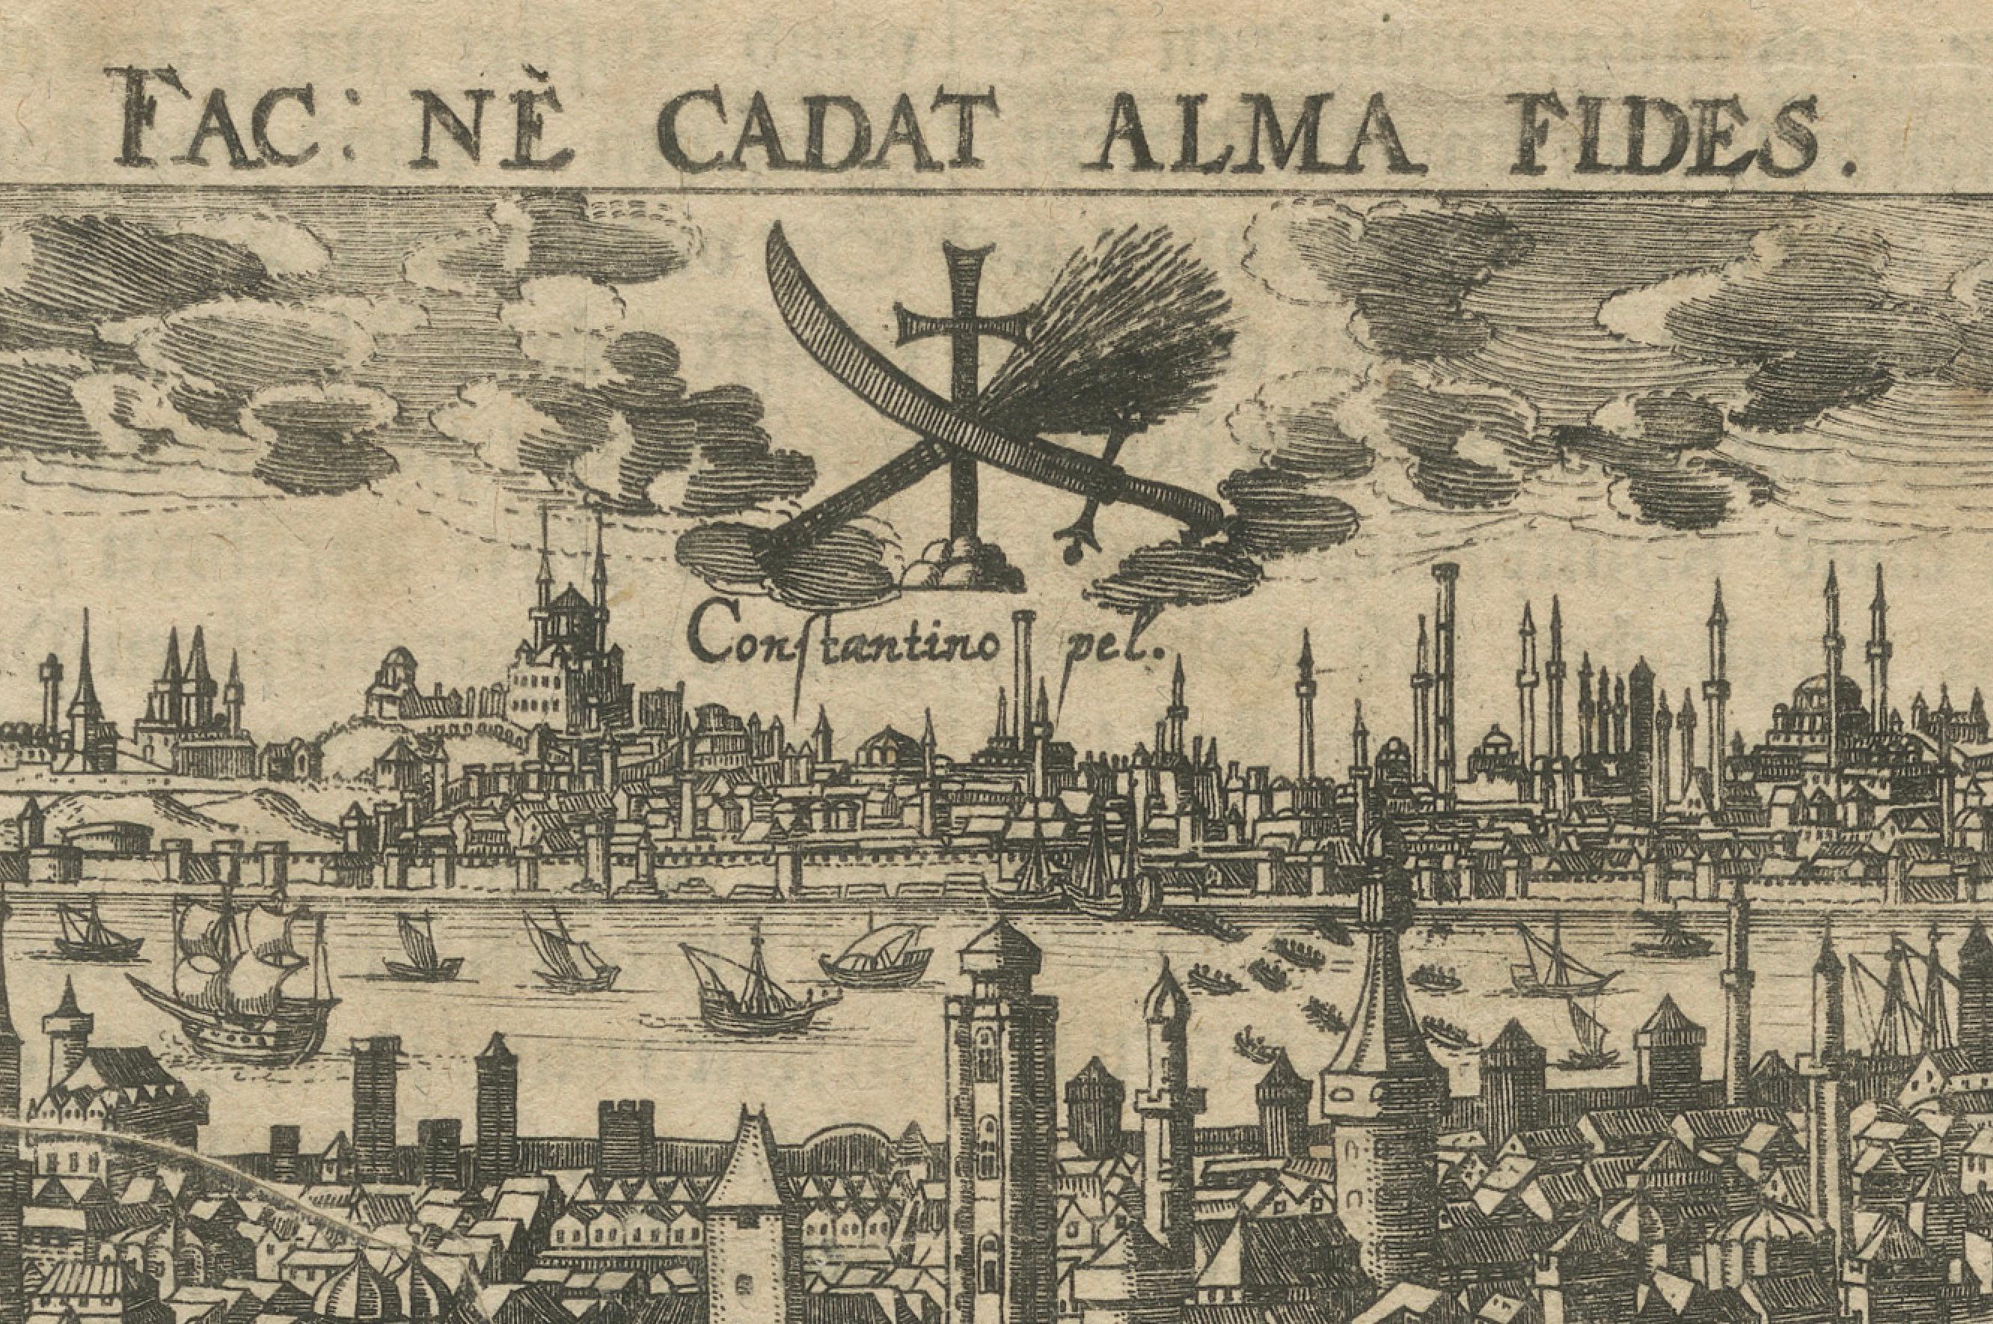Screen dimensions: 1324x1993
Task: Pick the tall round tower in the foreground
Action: point(1001,1097)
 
